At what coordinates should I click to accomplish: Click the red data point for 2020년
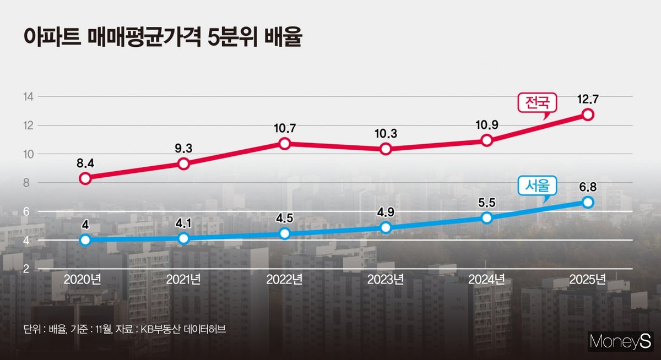[x=85, y=178]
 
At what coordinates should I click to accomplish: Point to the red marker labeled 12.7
[x=588, y=114]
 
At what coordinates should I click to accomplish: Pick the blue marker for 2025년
[x=588, y=203]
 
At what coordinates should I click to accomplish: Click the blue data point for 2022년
[x=285, y=233]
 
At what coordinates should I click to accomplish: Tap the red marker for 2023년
[x=386, y=149]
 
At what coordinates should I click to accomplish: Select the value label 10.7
[x=285, y=128]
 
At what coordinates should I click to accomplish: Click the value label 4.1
[x=184, y=222]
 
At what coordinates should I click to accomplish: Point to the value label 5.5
[x=487, y=202]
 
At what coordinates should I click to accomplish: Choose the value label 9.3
[x=184, y=148]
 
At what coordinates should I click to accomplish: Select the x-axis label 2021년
[x=184, y=279]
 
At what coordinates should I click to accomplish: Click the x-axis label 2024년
[x=487, y=279]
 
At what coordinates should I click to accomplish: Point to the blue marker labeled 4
[x=85, y=240]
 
